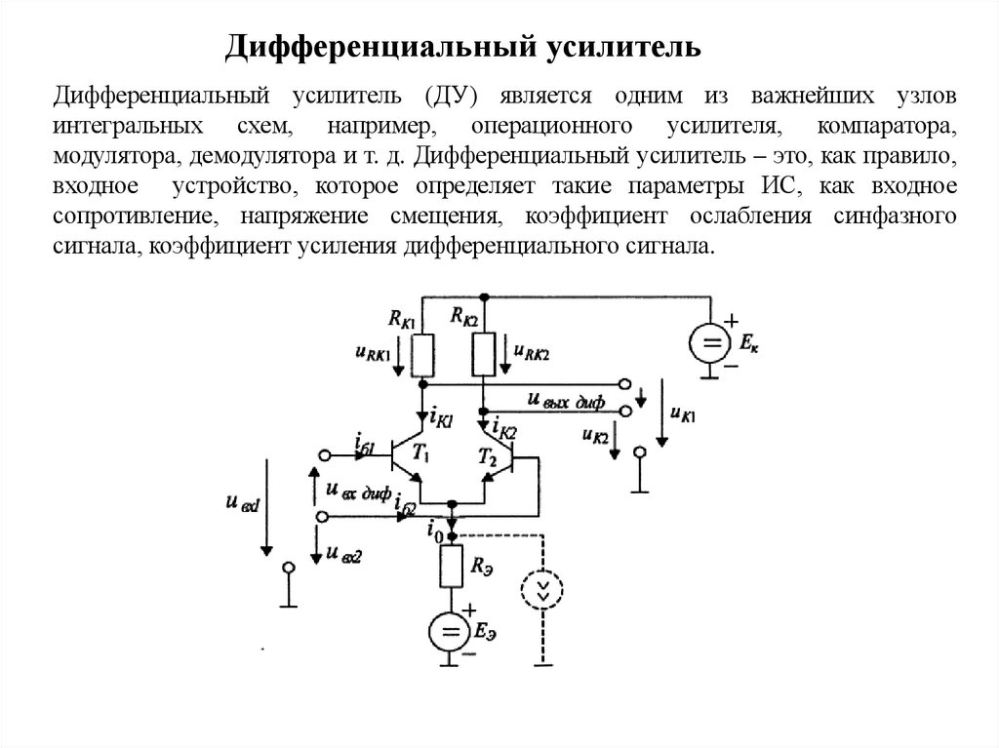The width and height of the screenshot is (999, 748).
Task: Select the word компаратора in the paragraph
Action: [x=882, y=128]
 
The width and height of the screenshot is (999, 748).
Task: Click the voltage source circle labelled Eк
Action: [x=711, y=343]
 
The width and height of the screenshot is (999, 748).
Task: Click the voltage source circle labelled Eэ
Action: [x=450, y=635]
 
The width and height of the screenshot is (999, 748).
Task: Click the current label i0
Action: [x=434, y=533]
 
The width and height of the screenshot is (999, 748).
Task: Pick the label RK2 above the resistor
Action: [x=464, y=314]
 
